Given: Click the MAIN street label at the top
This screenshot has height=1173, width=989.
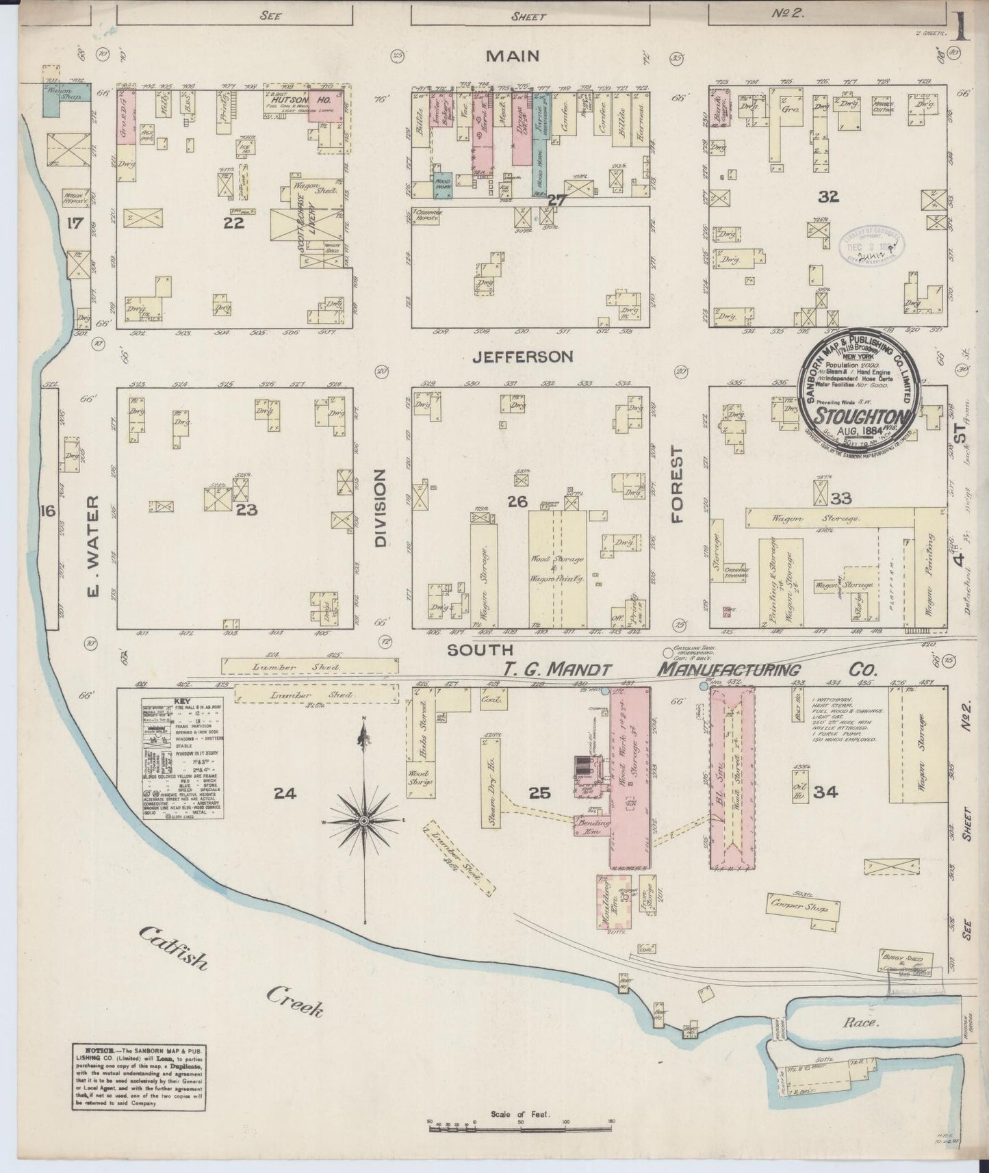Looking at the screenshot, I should click(513, 57).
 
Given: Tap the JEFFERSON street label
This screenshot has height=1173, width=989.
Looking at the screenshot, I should click(522, 357).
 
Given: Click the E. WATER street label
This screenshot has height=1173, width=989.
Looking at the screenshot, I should click(94, 545).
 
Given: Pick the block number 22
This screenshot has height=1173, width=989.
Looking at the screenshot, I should click(233, 223).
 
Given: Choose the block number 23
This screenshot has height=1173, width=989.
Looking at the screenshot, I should click(246, 509).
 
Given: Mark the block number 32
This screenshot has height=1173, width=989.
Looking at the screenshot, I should click(828, 198).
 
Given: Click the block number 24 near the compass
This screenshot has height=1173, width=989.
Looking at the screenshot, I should click(285, 793).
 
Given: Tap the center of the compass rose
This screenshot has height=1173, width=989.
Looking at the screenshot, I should click(364, 820).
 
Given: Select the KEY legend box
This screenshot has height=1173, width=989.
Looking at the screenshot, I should click(171, 760).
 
